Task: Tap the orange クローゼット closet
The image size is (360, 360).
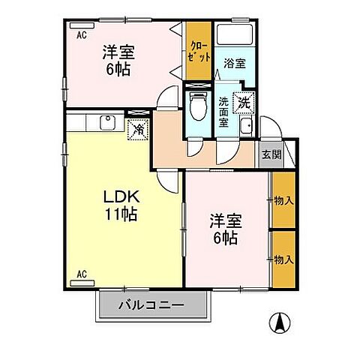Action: [x=199, y=52]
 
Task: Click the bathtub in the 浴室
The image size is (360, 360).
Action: [x=235, y=37]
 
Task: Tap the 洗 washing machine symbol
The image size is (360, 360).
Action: [x=243, y=100]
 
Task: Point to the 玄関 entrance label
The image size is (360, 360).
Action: [x=271, y=155]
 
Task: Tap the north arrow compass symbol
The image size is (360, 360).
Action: [x=278, y=322]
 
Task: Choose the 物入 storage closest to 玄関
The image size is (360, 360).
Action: [x=283, y=200]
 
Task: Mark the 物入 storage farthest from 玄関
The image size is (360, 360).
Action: [x=283, y=259]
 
